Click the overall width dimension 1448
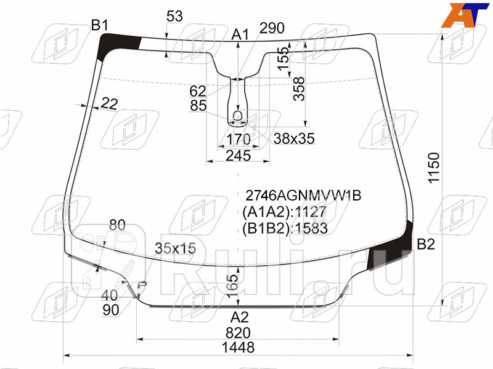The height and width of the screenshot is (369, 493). point(238,347)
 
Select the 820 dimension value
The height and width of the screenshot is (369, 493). point(238,333)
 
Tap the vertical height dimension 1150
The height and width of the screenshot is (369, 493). point(434,168)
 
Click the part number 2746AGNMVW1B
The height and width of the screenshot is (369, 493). point(303,196)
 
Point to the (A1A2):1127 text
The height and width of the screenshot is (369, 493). point(284,212)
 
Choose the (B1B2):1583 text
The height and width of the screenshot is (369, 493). point(285,228)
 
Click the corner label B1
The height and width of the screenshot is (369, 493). point(100,25)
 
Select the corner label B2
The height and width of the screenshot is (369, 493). point(426,244)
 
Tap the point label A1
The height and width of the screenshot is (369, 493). point(240,34)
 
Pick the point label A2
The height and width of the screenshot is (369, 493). point(240,317)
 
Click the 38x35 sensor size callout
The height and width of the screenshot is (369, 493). point(294,138)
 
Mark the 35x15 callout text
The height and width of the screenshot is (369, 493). point(176,248)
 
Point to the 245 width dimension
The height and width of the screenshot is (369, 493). point(238,156)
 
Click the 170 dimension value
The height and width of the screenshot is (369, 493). point(238,139)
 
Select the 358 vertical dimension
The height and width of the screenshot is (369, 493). point(299,89)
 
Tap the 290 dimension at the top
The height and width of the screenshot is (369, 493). point(272,28)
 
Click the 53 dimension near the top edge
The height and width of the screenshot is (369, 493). point(174,16)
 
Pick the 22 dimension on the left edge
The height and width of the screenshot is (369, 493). point(110,103)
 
